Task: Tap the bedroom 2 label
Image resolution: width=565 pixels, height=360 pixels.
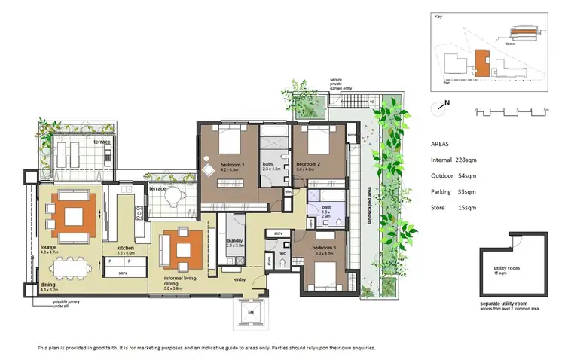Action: (x=309, y=164)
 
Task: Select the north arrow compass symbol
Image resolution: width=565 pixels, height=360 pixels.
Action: (x=439, y=107)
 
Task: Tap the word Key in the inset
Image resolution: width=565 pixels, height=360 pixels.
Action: (x=438, y=16)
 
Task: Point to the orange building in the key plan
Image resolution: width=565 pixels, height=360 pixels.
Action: (x=481, y=62)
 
